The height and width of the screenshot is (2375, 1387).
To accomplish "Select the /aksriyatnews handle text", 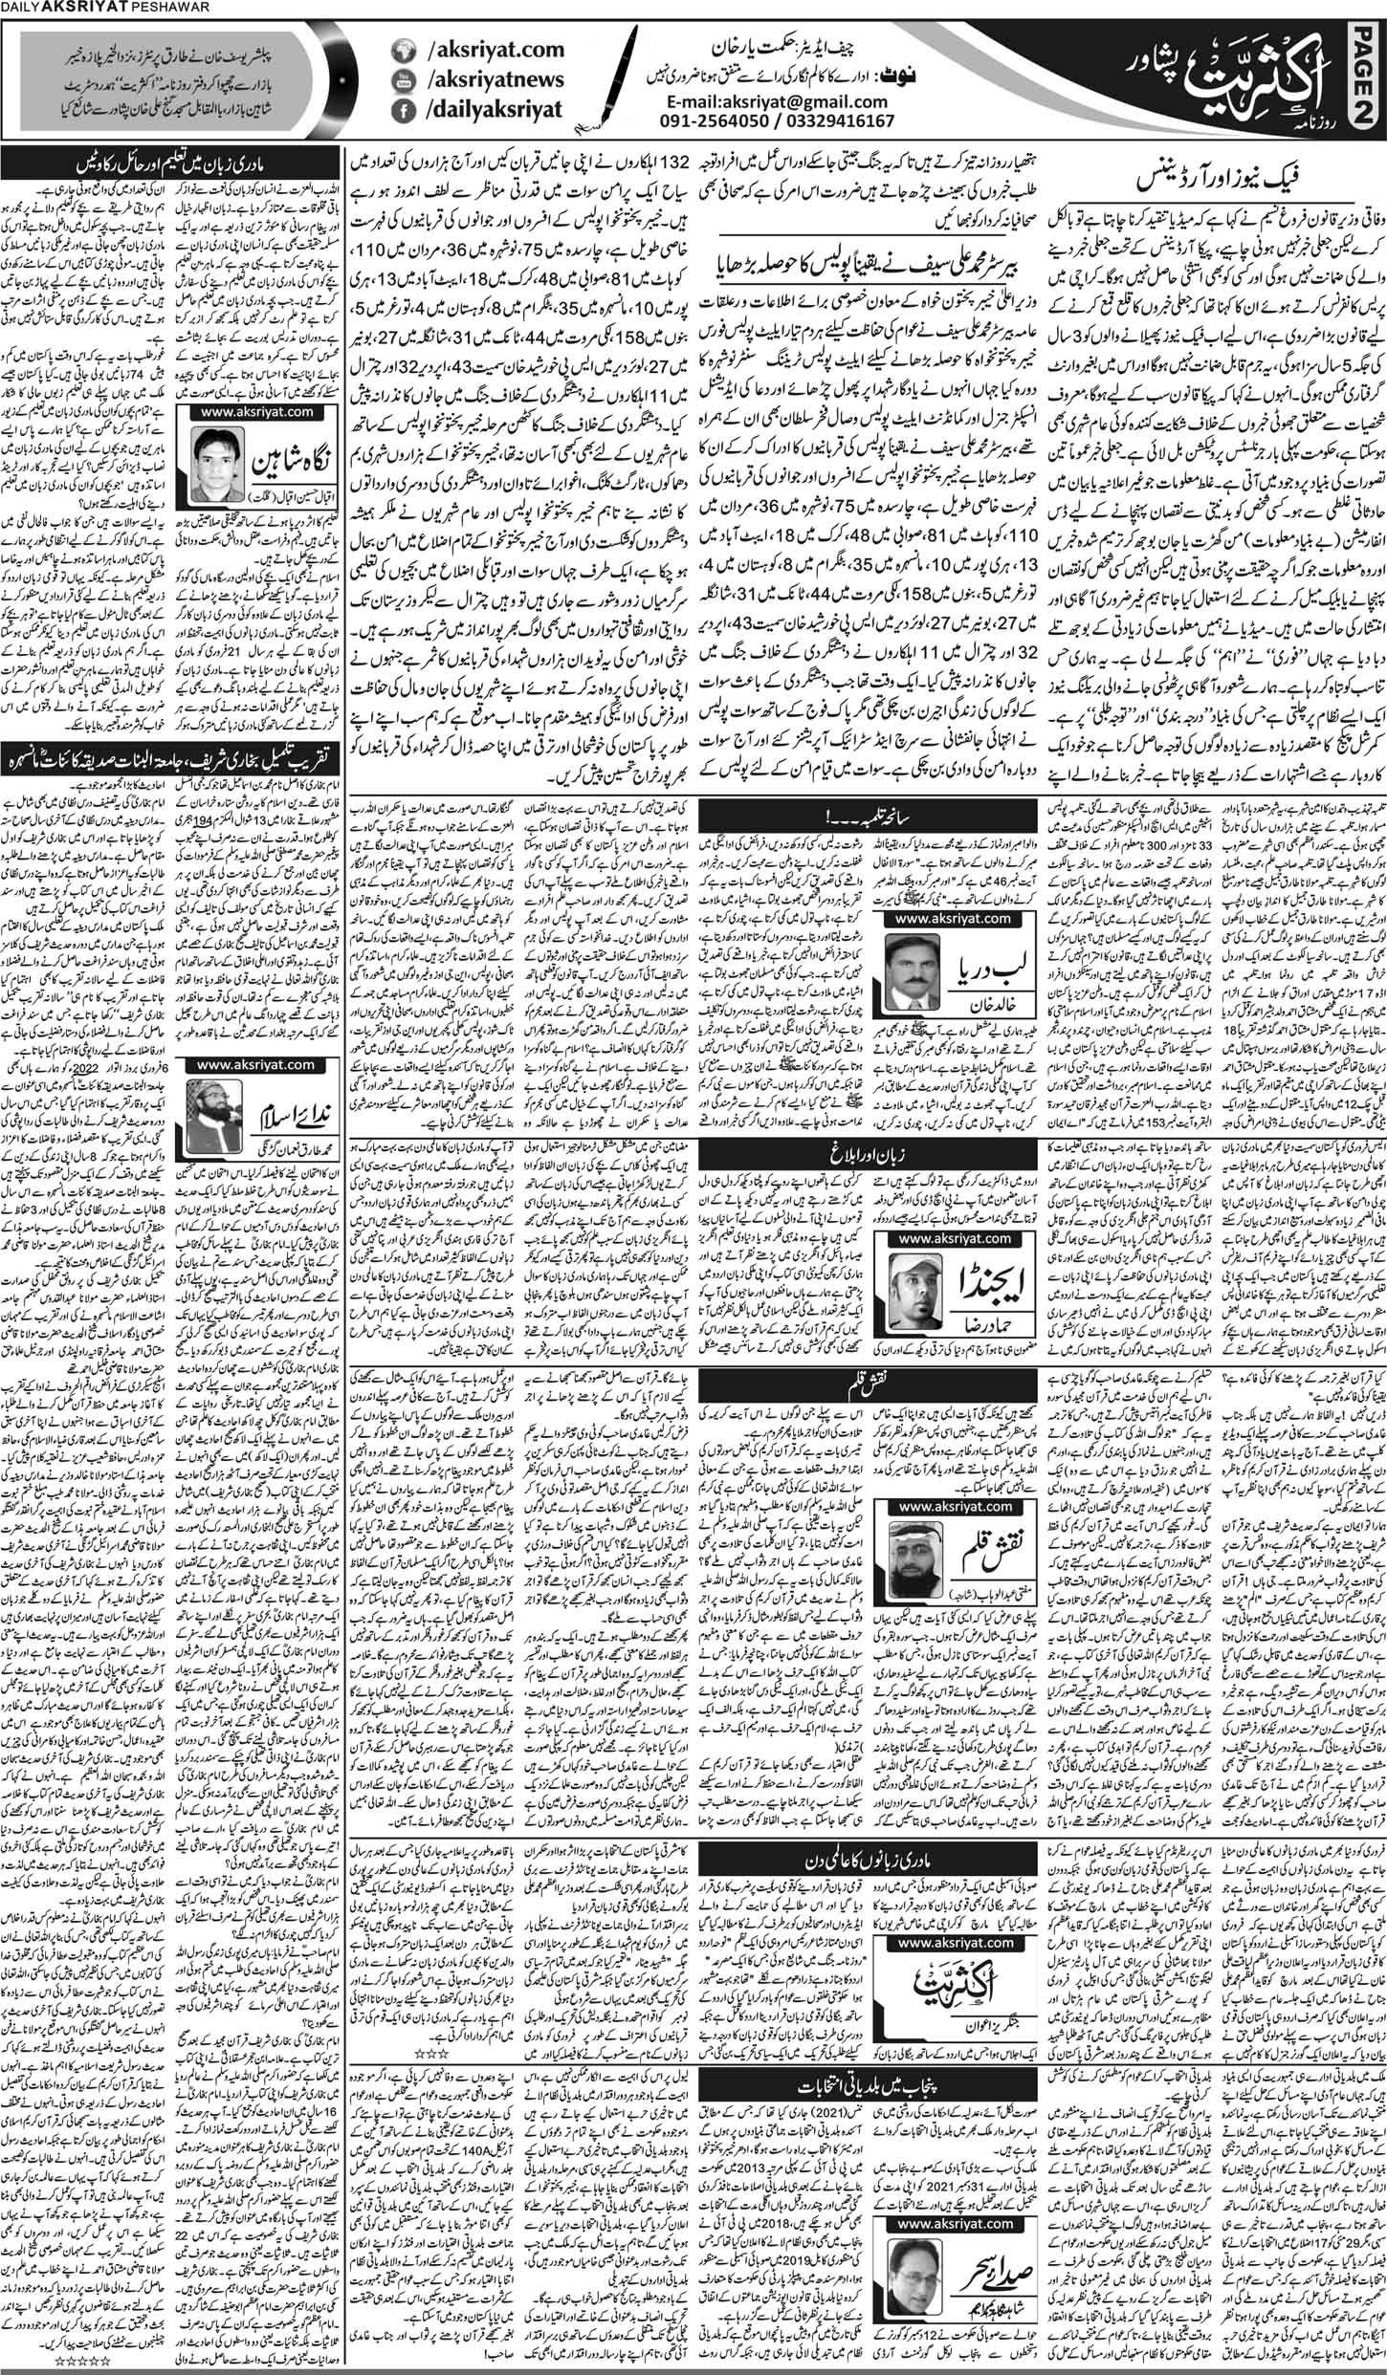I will point(488,82).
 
